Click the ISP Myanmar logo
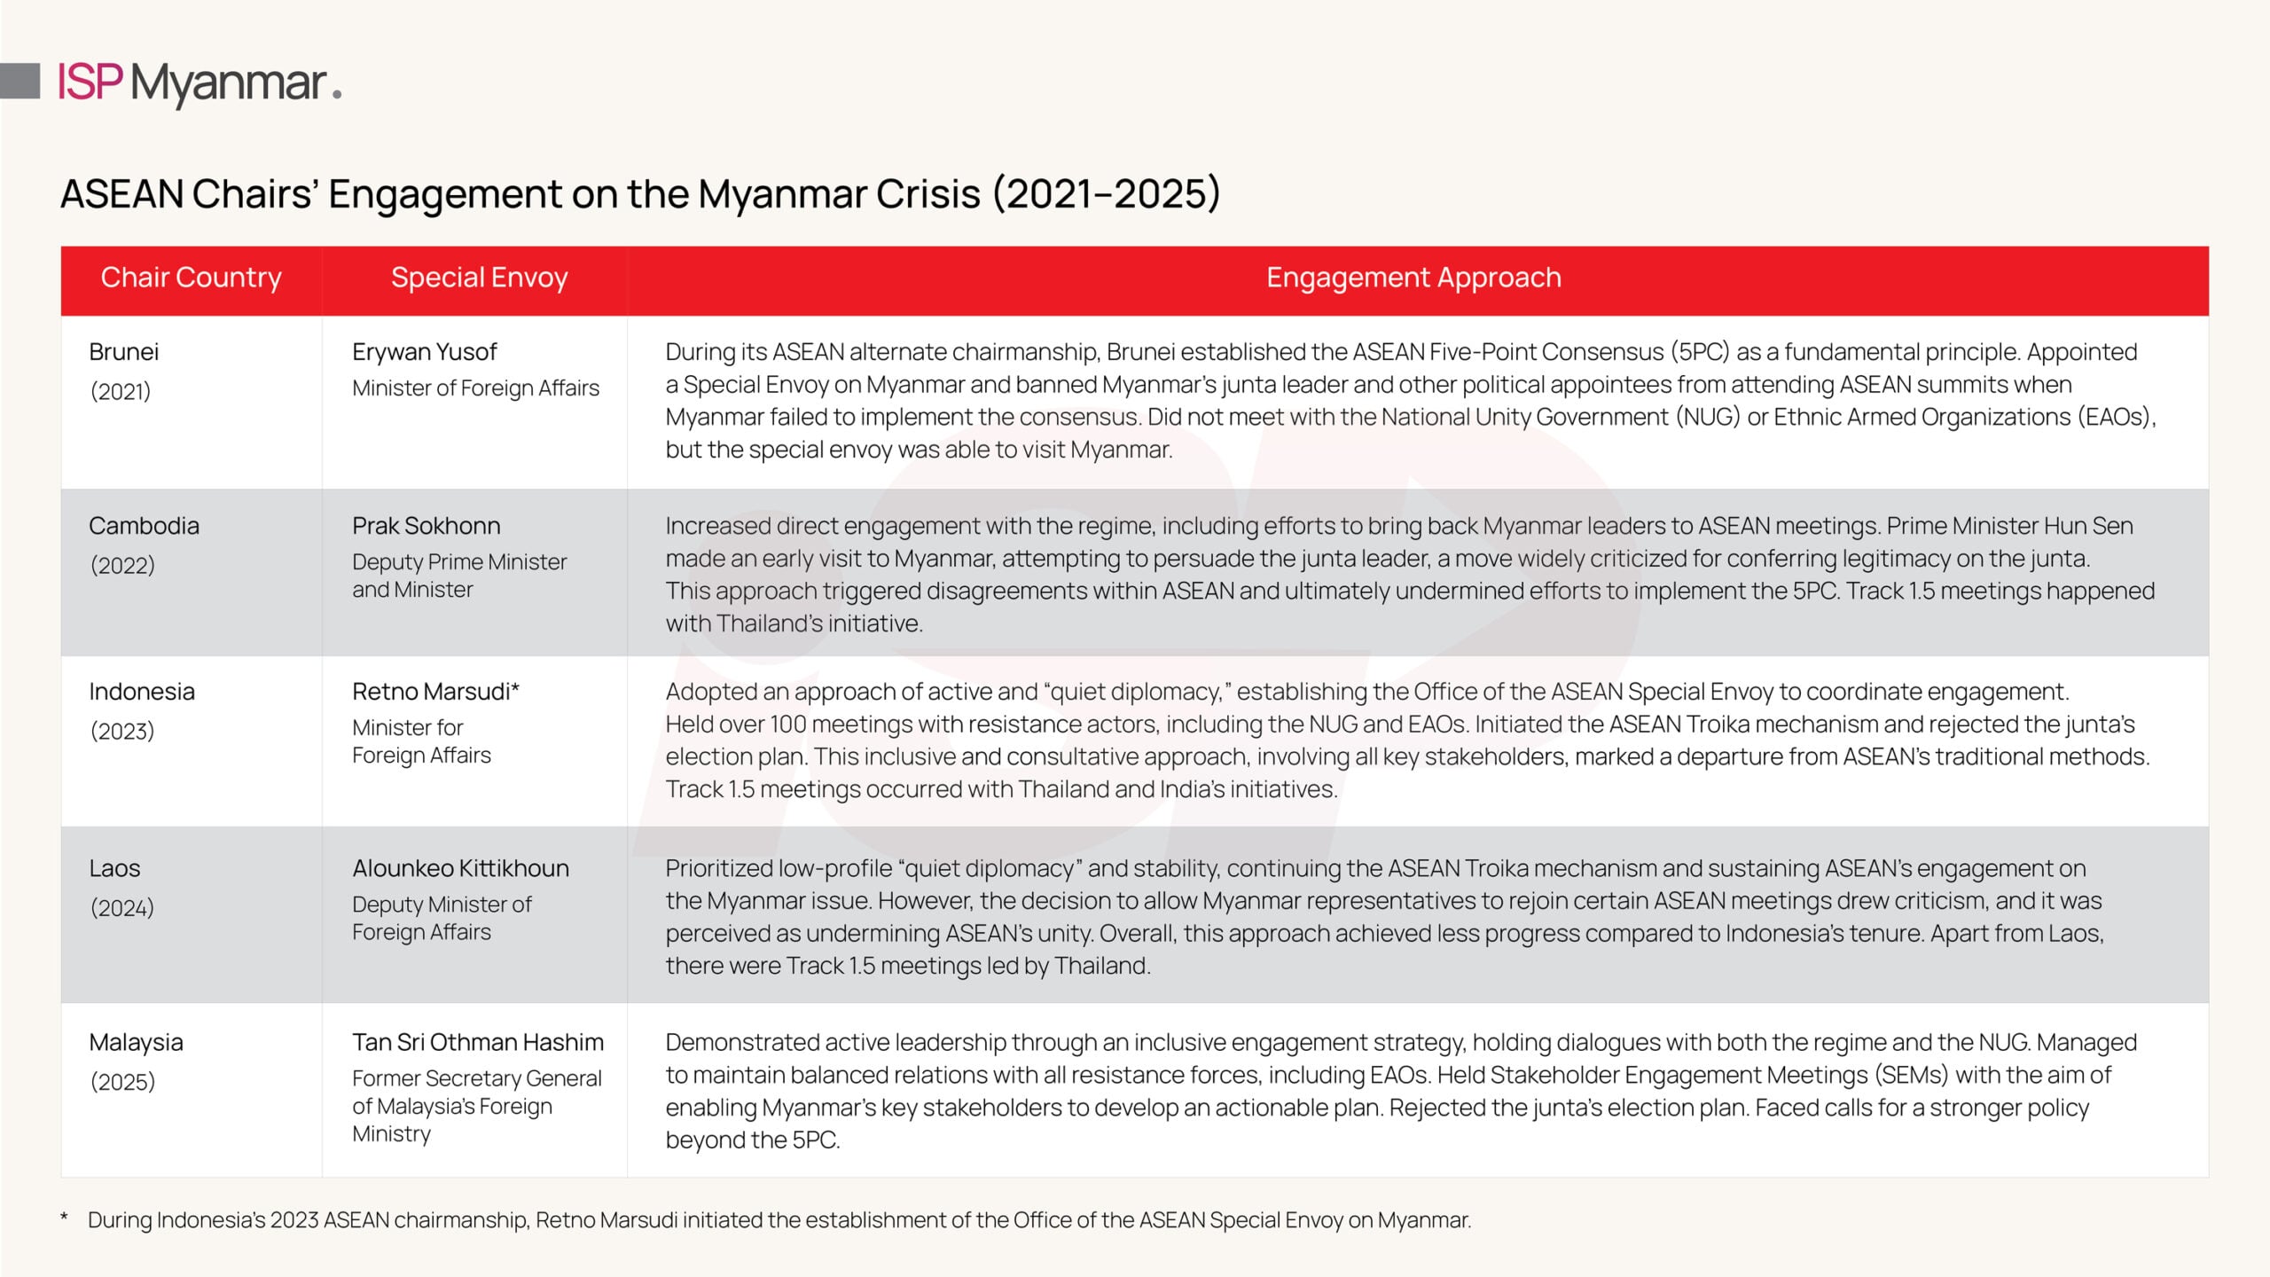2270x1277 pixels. click(x=200, y=82)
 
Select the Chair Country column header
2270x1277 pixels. click(x=191, y=278)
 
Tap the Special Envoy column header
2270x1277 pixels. click(x=479, y=278)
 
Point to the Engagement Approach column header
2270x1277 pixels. click(x=1413, y=278)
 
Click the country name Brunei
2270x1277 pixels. click(x=124, y=352)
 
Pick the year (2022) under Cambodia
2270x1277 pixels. click(x=122, y=565)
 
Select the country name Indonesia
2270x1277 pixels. click(x=142, y=692)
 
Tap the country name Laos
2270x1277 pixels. click(x=114, y=868)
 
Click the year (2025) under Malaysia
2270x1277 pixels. click(x=122, y=1082)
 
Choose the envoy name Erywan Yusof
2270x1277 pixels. click(x=425, y=352)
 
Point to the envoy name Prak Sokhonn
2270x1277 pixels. click(x=427, y=526)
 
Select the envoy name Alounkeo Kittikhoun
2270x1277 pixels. click(x=461, y=868)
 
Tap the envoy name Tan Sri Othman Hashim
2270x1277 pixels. click(x=478, y=1042)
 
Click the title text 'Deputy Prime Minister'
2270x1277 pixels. click(x=459, y=562)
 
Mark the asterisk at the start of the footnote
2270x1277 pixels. click(x=64, y=1218)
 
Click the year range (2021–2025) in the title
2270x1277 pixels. click(x=1106, y=193)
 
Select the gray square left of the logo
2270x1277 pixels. click(x=20, y=81)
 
